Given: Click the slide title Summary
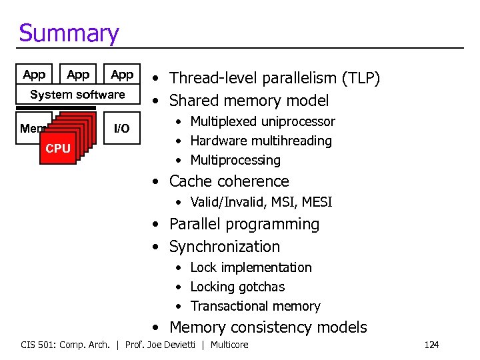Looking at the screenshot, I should [69, 33].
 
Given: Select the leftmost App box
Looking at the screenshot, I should [34, 75].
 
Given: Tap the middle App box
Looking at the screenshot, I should [78, 75].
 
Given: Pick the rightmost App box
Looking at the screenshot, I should [122, 75].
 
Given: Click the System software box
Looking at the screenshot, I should [77, 95].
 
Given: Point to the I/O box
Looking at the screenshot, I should [122, 128].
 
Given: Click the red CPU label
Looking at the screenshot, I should [58, 149].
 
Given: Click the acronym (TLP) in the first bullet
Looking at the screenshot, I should [360, 79].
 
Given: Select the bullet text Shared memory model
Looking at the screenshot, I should [249, 101].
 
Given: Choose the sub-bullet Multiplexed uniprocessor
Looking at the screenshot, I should [262, 121].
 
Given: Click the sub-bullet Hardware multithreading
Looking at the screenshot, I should [261, 141].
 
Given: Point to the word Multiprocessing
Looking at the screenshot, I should [235, 160].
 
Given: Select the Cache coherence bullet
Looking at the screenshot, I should [229, 181].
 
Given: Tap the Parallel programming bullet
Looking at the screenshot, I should [244, 224].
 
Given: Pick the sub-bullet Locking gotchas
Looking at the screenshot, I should [237, 287].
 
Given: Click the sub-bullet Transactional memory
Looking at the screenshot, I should [255, 306].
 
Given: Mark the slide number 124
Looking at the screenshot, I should [431, 345].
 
